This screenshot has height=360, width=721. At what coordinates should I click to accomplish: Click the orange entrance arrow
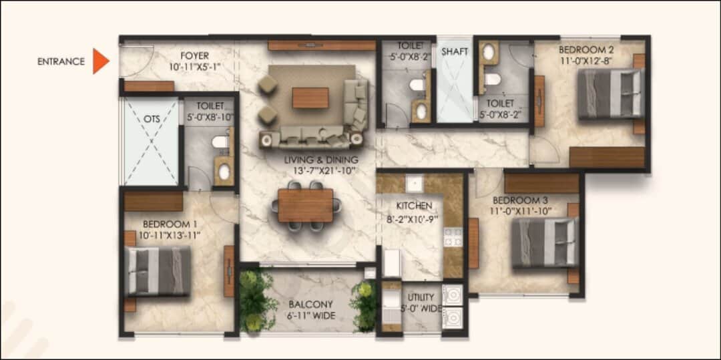click(x=99, y=61)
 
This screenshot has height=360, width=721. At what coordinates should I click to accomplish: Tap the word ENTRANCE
click(x=61, y=61)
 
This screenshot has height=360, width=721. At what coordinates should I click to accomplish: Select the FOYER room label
click(x=194, y=56)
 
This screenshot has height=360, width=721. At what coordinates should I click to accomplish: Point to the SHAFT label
click(x=455, y=51)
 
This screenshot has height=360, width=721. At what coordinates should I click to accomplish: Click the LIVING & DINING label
click(x=320, y=160)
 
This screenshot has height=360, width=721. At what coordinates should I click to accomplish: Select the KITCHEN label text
click(x=414, y=206)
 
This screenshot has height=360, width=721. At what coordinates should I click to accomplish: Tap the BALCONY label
click(x=311, y=305)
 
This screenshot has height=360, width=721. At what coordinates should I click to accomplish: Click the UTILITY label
click(x=421, y=297)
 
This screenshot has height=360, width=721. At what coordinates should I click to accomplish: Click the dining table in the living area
click(x=306, y=205)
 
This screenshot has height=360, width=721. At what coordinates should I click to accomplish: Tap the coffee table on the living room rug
click(x=310, y=98)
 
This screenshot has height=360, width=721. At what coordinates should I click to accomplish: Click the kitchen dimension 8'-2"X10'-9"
click(x=414, y=217)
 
